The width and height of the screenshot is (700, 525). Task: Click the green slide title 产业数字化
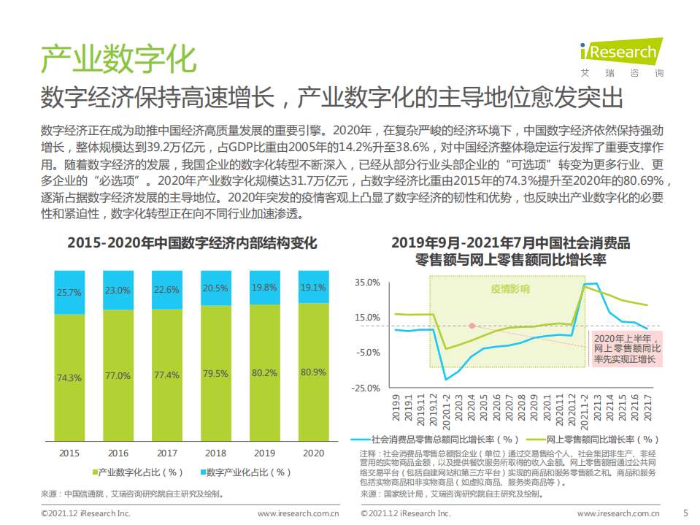[x=118, y=59]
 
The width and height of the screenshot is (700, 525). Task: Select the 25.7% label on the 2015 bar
[x=69, y=292]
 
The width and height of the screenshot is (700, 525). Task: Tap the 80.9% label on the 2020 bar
[x=313, y=372]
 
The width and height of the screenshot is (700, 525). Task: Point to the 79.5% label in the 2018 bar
[x=215, y=374]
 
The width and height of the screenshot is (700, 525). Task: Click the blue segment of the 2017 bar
[x=166, y=289]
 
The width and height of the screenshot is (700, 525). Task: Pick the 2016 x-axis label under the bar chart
[x=118, y=453]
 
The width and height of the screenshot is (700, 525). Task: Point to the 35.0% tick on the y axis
[x=367, y=282]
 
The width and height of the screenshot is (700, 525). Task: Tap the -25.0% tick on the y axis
[x=366, y=387]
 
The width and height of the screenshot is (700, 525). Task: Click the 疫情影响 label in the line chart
[x=509, y=289]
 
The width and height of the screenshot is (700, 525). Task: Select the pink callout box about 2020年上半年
[x=625, y=349]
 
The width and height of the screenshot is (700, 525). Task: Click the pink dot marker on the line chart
[x=472, y=326]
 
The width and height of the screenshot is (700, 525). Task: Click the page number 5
[x=685, y=513]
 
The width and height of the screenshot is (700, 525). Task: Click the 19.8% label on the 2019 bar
[x=264, y=288]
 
